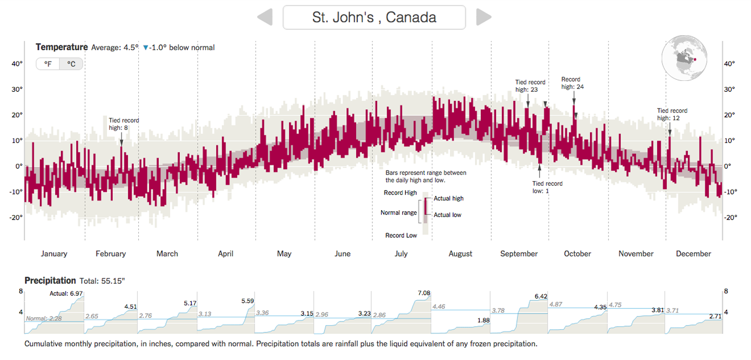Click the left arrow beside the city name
click(265, 17)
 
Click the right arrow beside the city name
click(483, 17)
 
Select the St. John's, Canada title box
click(374, 17)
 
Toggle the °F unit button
click(47, 64)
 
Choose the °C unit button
click(71, 64)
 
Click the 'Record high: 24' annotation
click(572, 83)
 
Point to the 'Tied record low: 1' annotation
click(547, 187)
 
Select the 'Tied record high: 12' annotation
click(672, 114)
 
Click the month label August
click(460, 254)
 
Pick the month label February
click(111, 254)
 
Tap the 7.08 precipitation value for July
click(424, 293)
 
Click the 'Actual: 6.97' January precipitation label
click(66, 293)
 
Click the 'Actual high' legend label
click(449, 198)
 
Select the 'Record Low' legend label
click(401, 235)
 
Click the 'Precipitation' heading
click(50, 281)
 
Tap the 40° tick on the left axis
click(17, 64)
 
